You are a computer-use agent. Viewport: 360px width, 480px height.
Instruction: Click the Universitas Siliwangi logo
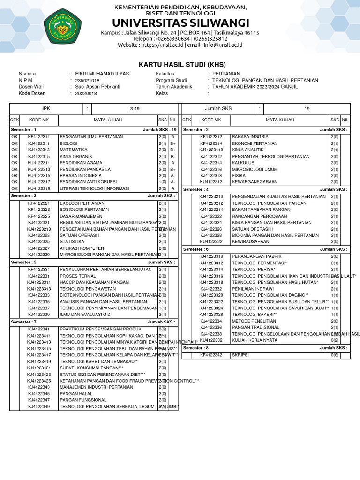62,27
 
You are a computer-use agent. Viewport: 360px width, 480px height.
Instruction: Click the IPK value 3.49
135,109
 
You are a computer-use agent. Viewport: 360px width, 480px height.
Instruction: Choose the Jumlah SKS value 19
307,109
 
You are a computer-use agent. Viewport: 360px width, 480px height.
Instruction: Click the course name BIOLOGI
68,143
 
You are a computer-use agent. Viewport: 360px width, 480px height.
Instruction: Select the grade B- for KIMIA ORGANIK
173,157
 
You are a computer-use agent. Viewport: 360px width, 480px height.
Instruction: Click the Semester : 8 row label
195,348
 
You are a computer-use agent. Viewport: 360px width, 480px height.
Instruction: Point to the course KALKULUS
243,163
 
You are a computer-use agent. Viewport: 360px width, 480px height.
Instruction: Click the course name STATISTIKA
72,242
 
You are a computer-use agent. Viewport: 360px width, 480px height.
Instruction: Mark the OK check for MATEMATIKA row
14,150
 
